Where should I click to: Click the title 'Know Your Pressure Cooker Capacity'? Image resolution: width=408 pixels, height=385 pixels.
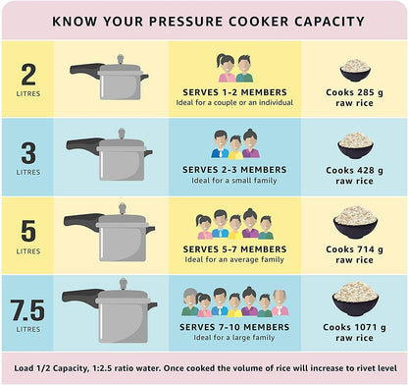(204, 20)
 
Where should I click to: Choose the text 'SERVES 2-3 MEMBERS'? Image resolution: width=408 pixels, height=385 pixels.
(234, 169)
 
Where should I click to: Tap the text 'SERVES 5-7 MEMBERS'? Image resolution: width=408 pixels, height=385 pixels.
(234, 248)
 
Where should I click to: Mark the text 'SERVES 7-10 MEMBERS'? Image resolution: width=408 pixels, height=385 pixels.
(234, 327)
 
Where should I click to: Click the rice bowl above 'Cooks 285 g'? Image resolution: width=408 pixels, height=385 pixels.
(355, 69)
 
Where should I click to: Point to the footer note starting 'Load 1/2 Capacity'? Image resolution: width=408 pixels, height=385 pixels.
(204, 366)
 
